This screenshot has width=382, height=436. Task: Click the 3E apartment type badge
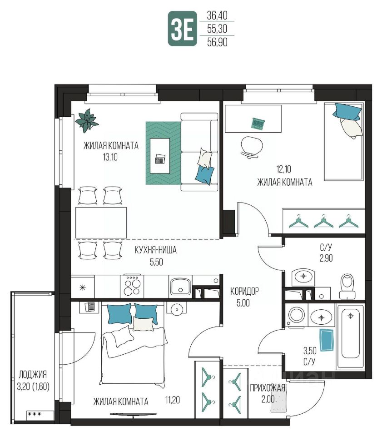point(182,29)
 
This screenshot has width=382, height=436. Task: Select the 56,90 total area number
point(217,42)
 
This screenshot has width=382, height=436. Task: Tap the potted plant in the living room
point(87,120)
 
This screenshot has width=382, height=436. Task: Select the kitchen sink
point(180,286)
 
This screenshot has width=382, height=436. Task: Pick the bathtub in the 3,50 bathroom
point(350,337)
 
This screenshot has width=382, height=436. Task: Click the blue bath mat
point(327,340)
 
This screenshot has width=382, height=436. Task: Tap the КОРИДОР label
point(244,291)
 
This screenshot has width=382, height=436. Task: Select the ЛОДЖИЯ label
point(33,375)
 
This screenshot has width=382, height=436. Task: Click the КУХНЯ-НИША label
point(155,250)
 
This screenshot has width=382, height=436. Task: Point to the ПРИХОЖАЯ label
point(268,388)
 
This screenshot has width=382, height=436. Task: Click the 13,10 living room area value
point(110,158)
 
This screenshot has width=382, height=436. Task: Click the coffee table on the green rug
point(160,156)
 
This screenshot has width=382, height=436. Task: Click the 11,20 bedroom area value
point(172,400)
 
